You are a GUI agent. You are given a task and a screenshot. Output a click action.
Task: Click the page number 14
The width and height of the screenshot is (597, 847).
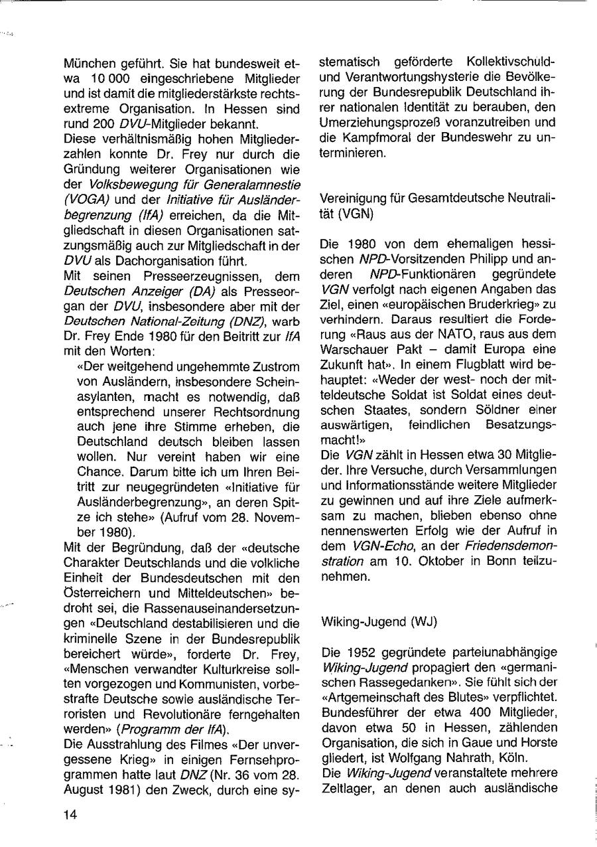pyautogui.click(x=71, y=816)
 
